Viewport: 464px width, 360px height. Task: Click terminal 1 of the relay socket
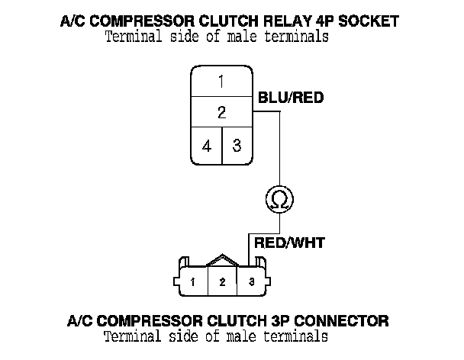[x=221, y=82]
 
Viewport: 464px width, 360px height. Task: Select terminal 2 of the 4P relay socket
[x=221, y=112]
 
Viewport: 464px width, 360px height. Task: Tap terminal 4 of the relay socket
[x=207, y=146]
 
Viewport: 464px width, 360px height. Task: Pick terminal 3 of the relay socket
[x=237, y=146]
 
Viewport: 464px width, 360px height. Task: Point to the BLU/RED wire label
[x=291, y=98]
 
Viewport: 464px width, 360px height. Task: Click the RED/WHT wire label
[x=289, y=243]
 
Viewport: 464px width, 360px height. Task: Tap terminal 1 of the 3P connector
[x=194, y=282]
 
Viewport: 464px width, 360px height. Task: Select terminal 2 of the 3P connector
[x=222, y=282]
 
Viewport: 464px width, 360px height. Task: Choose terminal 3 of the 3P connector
[x=251, y=282]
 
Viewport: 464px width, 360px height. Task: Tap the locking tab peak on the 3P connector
[x=222, y=256]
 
